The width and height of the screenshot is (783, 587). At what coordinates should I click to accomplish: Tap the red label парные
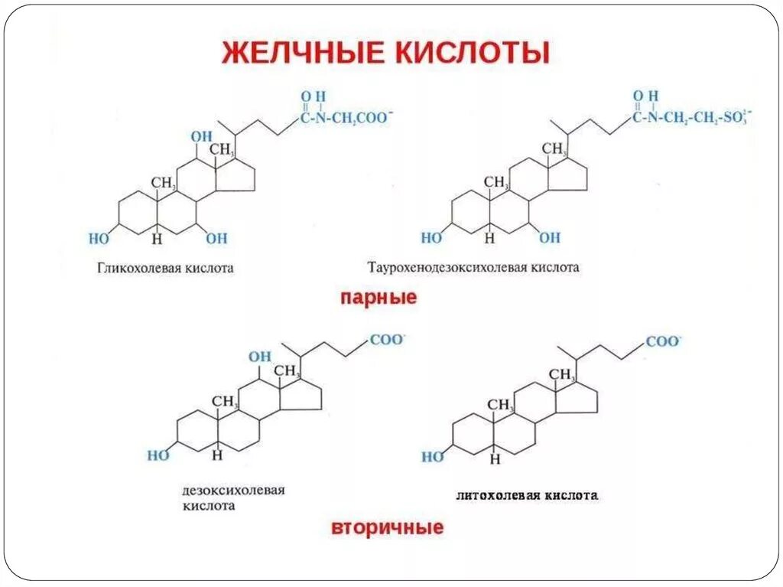pos(379,298)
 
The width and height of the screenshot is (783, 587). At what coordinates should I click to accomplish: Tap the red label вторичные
pos(387,528)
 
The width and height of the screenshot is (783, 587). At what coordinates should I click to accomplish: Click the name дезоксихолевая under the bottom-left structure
pos(233,490)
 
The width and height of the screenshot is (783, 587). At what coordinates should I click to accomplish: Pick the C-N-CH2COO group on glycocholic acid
pos(344,117)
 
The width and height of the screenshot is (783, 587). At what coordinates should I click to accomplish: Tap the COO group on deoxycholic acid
pos(386,340)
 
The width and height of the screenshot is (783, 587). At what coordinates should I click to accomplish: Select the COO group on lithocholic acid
pos(663,341)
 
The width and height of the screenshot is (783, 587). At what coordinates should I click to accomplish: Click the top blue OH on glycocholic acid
pos(202,136)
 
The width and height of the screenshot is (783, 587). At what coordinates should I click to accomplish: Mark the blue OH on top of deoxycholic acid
pos(260,356)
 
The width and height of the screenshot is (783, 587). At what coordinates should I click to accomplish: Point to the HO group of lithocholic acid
pos(432,457)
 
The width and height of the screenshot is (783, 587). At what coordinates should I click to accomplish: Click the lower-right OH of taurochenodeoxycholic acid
pos(549,238)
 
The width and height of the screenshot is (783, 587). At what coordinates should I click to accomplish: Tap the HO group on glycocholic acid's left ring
pos(99,238)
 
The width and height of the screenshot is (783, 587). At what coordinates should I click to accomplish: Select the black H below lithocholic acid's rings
pos(495,459)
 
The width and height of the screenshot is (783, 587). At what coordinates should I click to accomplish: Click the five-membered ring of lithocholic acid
pos(579,403)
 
